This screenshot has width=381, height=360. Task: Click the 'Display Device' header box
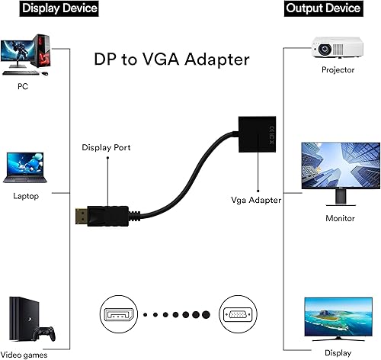click(49, 9)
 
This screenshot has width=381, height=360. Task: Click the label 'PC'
click(23, 86)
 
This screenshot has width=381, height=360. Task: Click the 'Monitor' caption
click(339, 219)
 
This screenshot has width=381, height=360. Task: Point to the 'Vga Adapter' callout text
click(256, 200)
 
